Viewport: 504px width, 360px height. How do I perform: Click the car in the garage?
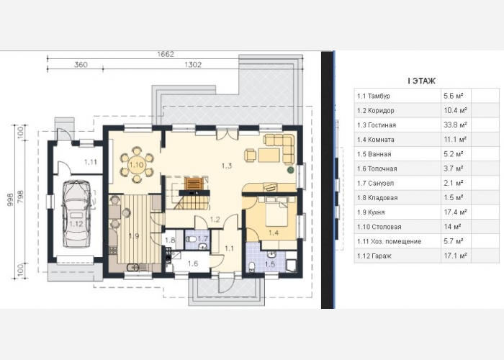click(76, 214)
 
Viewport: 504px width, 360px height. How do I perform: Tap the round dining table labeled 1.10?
click(137, 165)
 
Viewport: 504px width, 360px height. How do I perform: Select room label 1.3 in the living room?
click(227, 166)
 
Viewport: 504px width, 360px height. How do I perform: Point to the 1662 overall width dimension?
click(166, 54)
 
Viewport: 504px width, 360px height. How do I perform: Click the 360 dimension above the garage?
click(81, 65)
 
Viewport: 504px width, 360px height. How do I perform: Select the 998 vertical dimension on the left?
click(11, 199)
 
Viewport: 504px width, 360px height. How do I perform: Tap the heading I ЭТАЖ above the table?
click(421, 81)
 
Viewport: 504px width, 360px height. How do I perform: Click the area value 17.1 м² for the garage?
click(455, 256)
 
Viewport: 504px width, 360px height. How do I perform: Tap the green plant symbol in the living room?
click(291, 170)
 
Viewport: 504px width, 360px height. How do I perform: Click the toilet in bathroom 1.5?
click(252, 267)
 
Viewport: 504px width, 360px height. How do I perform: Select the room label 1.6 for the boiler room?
click(193, 264)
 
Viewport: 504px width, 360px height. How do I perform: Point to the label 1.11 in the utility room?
click(91, 162)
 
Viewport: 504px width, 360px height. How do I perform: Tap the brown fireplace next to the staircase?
click(194, 184)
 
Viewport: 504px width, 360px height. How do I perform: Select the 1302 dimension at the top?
click(193, 65)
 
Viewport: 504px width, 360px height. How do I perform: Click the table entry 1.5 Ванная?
click(374, 154)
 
